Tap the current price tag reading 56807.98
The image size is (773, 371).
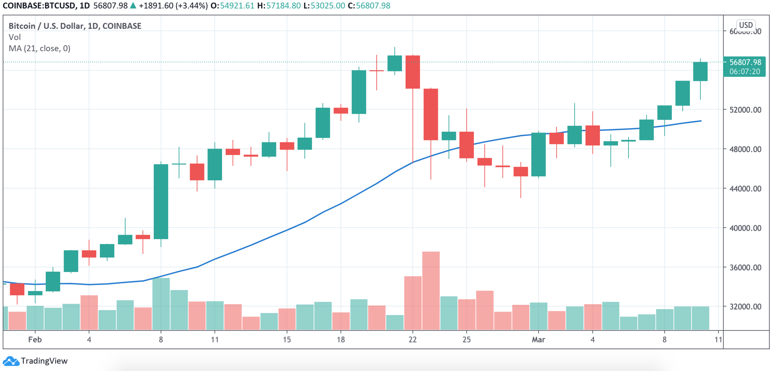[745, 62]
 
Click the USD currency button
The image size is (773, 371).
[745, 25]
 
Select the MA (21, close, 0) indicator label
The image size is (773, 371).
[39, 49]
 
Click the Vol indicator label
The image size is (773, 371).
[14, 37]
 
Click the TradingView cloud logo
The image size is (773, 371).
[11, 361]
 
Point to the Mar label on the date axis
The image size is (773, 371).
[538, 340]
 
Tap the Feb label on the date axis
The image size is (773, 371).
[35, 340]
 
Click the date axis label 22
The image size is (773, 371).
[412, 340]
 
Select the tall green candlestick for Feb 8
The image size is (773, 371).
[161, 201]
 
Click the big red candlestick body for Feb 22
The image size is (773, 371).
[413, 72]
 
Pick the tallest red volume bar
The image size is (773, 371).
[430, 290]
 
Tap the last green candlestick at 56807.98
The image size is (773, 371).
[700, 72]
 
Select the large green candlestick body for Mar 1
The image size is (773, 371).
[538, 154]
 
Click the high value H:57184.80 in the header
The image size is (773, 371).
[279, 6]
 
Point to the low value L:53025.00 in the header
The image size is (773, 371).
[324, 6]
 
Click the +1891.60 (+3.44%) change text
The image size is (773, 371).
[173, 6]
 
